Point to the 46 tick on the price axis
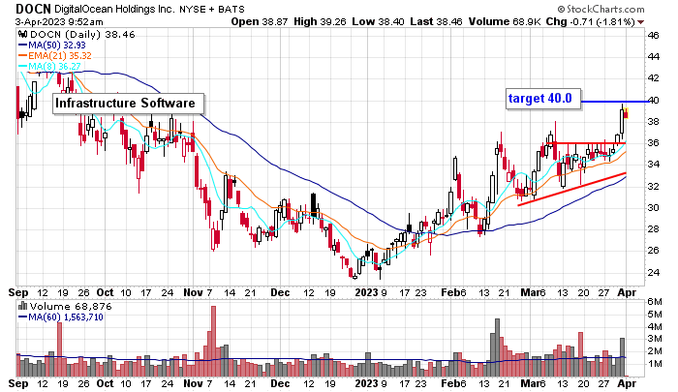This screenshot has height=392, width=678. [654, 36]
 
